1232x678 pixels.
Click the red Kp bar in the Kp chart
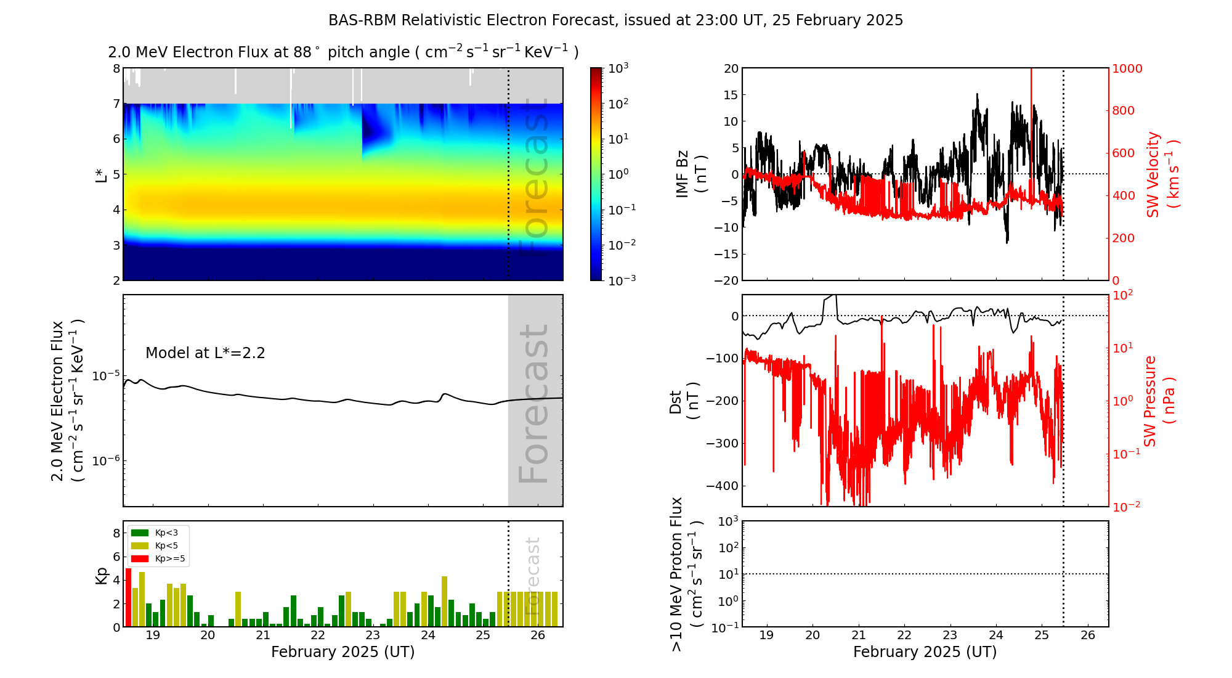click(x=128, y=597)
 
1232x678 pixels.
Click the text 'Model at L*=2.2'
click(x=205, y=353)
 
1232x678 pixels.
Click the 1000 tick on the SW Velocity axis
click(x=1127, y=68)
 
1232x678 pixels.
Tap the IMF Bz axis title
click(x=691, y=174)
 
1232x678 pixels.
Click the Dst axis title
click(x=684, y=401)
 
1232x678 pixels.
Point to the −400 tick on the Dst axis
click(x=722, y=486)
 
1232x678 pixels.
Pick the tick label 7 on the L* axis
click(x=116, y=104)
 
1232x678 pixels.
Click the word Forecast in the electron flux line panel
click(x=533, y=403)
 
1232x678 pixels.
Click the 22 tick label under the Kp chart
click(x=318, y=635)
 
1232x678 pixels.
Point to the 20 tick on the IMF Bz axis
click(x=731, y=68)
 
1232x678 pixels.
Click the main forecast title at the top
click(x=615, y=20)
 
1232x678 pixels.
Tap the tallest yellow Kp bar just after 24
click(x=444, y=601)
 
